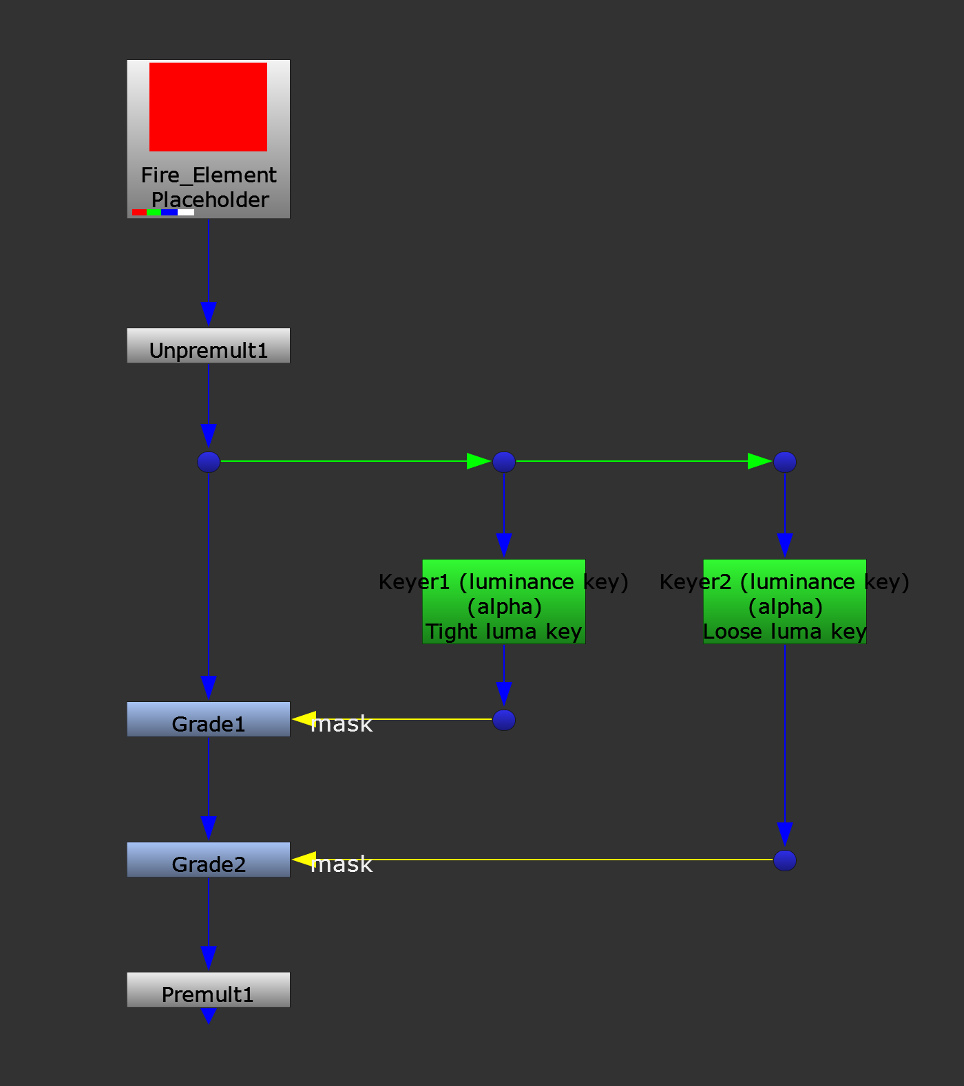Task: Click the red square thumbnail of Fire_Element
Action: coord(208,107)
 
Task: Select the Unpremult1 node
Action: coord(208,345)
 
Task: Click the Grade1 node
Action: coord(208,719)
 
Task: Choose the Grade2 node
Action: coord(208,860)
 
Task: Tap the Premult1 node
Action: coord(208,990)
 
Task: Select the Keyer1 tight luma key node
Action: coord(503,602)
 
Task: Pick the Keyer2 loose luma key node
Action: coord(784,602)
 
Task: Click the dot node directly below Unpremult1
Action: coord(209,462)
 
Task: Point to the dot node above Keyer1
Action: coord(504,462)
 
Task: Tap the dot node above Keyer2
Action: coord(785,462)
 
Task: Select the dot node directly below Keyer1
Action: coord(504,720)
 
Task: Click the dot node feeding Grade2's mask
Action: coord(785,860)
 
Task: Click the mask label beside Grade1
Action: coord(342,724)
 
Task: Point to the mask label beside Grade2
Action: coord(342,864)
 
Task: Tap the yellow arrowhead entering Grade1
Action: coord(304,719)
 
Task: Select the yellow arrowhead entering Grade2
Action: coord(304,860)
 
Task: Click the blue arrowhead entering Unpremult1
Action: coord(209,314)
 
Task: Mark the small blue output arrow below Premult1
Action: coord(208,1015)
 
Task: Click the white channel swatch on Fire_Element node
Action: coord(186,213)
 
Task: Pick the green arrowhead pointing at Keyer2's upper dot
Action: coord(759,461)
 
